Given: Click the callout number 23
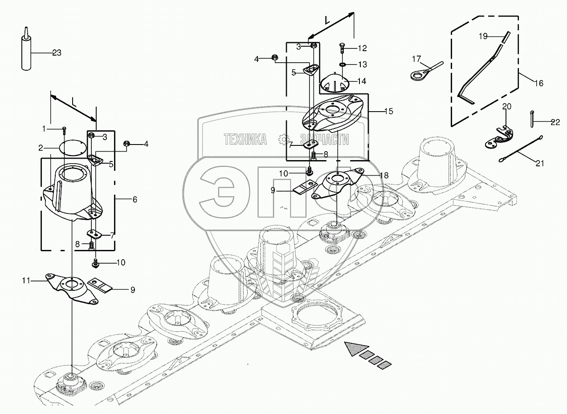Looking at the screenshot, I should [x=57, y=53].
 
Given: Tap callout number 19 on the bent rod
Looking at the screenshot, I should [x=483, y=36].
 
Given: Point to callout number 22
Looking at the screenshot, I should [x=555, y=123].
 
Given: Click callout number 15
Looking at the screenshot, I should [x=388, y=111].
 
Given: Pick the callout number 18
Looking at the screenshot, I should [x=384, y=176].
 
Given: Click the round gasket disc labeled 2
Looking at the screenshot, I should [x=72, y=148].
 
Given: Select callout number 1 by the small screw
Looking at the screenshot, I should [x=44, y=129].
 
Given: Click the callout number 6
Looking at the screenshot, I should [x=134, y=200].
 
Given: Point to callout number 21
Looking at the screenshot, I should [x=540, y=163].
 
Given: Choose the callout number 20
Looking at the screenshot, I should [x=507, y=106].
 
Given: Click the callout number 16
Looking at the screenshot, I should [x=538, y=83].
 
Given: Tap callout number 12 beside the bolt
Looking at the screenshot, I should [x=362, y=48].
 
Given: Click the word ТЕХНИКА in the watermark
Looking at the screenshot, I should [x=245, y=140].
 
